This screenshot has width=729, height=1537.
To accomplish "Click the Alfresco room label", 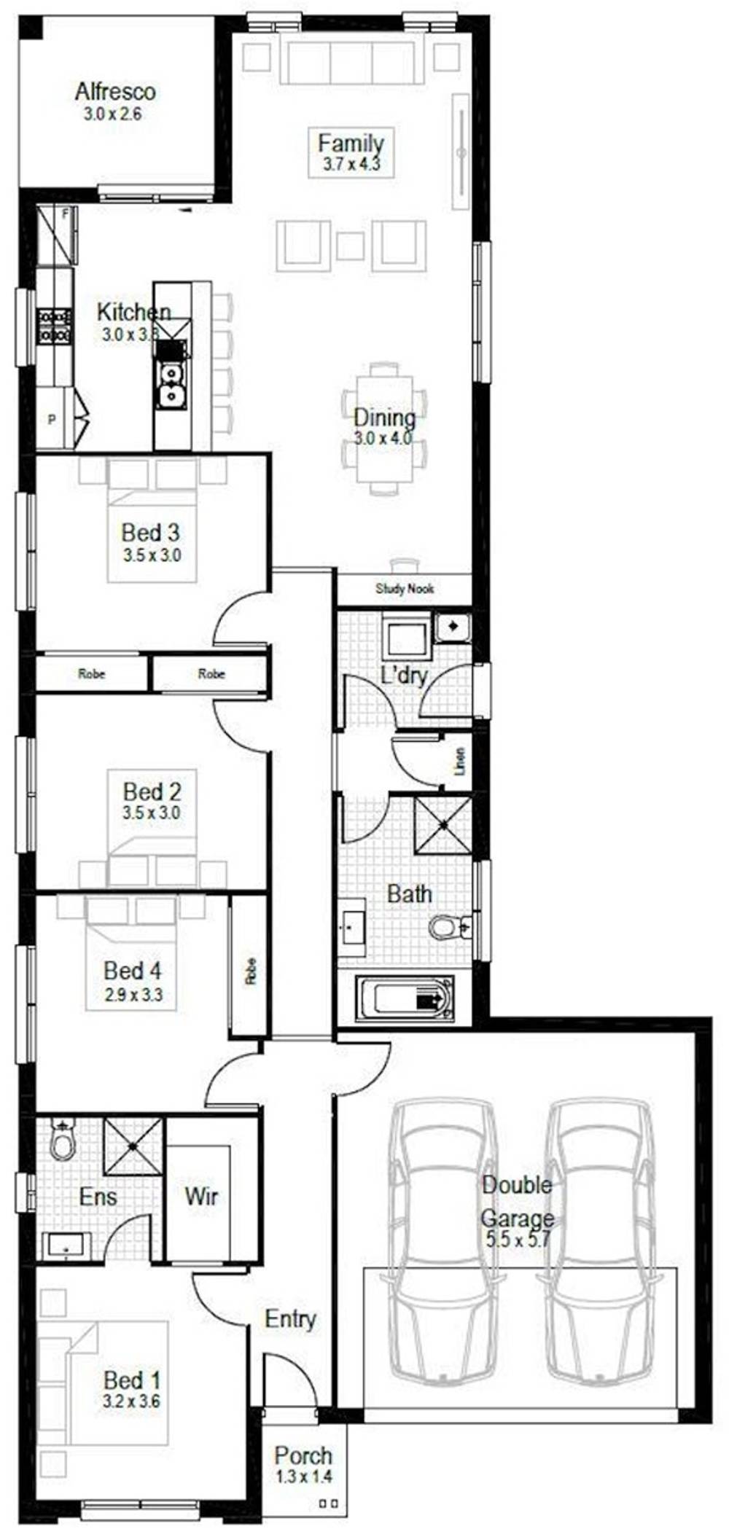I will click(115, 92).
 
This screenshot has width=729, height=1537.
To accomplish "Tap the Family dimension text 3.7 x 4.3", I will click(351, 164).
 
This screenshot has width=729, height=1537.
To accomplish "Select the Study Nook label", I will click(405, 588).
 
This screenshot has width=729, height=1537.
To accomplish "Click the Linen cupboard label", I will click(459, 761).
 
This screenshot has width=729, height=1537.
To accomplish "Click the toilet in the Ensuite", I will click(63, 1141).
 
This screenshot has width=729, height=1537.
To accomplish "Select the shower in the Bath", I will click(443, 825).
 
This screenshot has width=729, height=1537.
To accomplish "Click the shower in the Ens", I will click(133, 1145).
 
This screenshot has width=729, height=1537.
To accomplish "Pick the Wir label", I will click(201, 1196).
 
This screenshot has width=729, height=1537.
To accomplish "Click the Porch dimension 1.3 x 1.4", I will click(303, 1477).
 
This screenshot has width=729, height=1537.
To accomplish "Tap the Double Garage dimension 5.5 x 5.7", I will click(518, 1238).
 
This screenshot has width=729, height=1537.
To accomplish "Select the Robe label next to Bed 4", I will click(251, 971).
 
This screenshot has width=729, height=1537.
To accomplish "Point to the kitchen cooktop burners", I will click(55, 326).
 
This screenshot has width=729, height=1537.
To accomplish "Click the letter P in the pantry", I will click(52, 420).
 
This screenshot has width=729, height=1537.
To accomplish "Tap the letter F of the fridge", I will click(66, 214).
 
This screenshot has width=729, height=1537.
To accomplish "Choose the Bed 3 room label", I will click(150, 532).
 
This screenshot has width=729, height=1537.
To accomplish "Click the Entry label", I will click(290, 1318).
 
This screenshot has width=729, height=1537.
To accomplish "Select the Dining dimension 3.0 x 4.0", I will click(383, 438).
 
